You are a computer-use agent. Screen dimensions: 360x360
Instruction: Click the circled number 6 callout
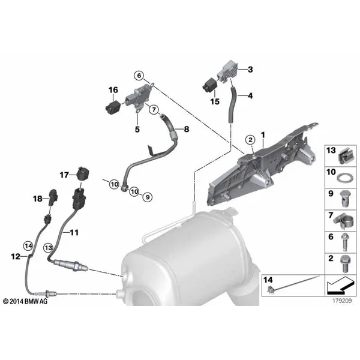click(x=139, y=76)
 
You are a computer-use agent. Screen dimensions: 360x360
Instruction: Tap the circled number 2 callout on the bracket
click(x=250, y=140)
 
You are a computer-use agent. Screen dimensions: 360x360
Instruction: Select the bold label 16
click(x=113, y=90)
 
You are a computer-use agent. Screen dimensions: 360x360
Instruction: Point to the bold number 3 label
click(x=250, y=70)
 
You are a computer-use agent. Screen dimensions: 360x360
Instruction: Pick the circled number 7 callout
click(x=154, y=110)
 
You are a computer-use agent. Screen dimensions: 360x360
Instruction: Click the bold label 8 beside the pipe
click(x=187, y=129)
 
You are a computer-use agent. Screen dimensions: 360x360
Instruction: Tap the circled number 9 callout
click(x=148, y=197)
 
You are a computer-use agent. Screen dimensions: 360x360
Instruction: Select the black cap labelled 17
click(x=83, y=174)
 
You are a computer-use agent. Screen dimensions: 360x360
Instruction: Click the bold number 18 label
click(x=38, y=199)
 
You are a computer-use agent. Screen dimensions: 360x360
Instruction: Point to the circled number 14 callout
click(x=28, y=246)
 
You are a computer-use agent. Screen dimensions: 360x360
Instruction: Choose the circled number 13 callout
click(x=49, y=248)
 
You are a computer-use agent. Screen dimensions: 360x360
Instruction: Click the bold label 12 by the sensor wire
click(x=16, y=256)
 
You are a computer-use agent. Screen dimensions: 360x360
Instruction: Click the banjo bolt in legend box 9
click(x=343, y=199)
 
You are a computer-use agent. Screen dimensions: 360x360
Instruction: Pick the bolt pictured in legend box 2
click(x=344, y=264)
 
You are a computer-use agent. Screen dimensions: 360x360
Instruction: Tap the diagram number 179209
click(x=342, y=301)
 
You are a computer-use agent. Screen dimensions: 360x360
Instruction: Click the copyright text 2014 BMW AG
click(x=25, y=301)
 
